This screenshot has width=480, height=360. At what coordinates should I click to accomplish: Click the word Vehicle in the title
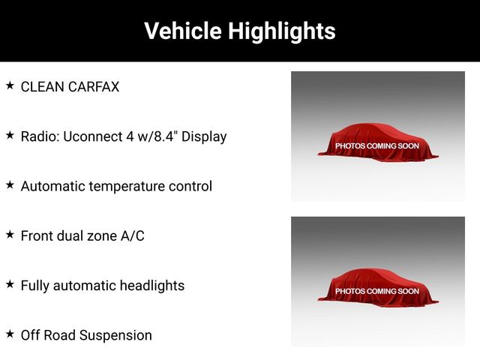(x=183, y=31)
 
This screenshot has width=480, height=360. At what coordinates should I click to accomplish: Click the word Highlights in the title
(x=282, y=31)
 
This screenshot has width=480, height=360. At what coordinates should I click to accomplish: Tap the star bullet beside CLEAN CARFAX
(x=10, y=85)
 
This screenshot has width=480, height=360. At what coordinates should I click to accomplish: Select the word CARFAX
(x=94, y=87)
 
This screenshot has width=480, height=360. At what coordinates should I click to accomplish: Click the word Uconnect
(x=92, y=136)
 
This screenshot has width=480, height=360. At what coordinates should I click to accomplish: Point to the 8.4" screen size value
(x=166, y=136)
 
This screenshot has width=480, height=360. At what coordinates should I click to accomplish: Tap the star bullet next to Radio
(x=10, y=135)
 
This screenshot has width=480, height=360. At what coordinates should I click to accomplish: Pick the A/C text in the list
(x=133, y=236)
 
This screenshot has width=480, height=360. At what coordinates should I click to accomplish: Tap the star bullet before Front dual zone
(x=10, y=235)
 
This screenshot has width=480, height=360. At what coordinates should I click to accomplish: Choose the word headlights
(x=152, y=286)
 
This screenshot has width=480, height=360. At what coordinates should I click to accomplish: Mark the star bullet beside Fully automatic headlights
(x=10, y=284)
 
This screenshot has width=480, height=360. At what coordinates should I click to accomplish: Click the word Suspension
(x=115, y=335)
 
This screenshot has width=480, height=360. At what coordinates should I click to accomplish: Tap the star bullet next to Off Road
(x=10, y=334)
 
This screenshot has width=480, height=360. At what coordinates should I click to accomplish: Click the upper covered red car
(x=378, y=142)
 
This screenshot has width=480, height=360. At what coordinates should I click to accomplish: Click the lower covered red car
(x=378, y=287)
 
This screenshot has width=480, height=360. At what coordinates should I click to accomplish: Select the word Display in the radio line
(x=204, y=136)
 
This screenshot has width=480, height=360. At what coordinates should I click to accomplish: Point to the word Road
(x=60, y=335)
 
